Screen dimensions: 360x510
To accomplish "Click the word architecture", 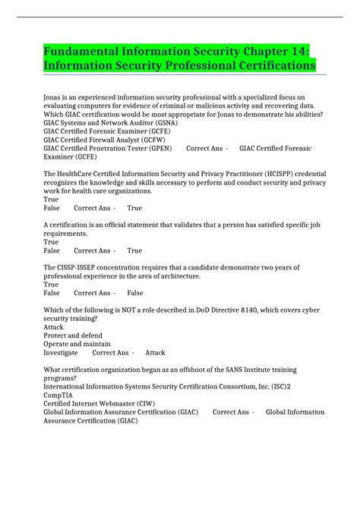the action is (x=175, y=276).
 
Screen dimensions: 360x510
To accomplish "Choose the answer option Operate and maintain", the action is (x=77, y=344).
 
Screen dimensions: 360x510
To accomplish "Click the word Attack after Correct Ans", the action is (x=155, y=353).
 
